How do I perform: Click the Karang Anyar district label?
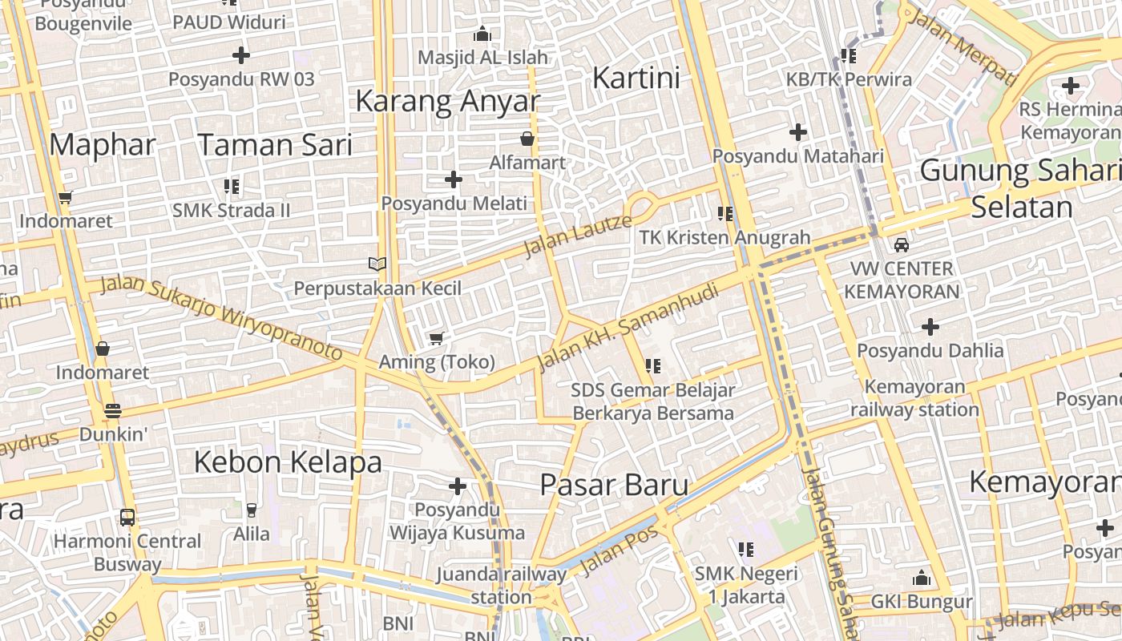[447, 102]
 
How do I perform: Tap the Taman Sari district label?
[275, 145]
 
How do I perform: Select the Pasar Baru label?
[614, 485]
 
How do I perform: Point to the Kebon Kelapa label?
[288, 462]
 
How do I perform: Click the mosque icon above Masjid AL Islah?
[482, 34]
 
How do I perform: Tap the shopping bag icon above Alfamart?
[527, 139]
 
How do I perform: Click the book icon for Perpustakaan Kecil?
[377, 264]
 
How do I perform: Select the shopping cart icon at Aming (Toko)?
[436, 338]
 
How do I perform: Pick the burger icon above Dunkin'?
[113, 411]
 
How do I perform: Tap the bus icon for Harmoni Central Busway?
[127, 517]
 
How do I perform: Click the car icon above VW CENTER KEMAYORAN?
[902, 244]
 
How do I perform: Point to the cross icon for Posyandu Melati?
[454, 179]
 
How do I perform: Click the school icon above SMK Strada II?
[232, 187]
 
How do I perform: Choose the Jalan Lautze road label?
[577, 234]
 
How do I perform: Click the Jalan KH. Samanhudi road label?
[628, 328]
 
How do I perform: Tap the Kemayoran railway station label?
[914, 398]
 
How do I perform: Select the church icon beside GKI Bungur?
[922, 578]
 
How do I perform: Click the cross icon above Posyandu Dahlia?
[930, 327]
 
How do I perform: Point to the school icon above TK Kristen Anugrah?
[725, 213]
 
